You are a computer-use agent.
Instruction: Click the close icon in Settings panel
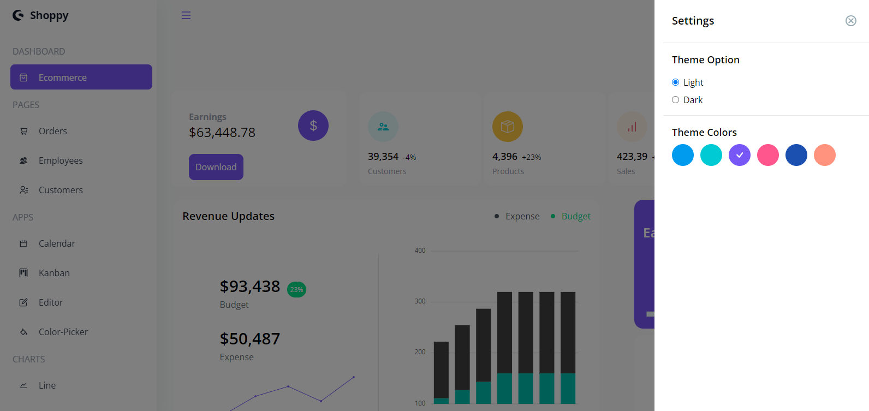point(850,21)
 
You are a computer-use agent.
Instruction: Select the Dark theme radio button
point(675,100)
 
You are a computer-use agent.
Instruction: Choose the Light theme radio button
point(675,82)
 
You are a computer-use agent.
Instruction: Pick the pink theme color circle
point(767,155)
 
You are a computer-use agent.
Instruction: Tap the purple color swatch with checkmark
point(739,155)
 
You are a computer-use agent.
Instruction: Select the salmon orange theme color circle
point(824,155)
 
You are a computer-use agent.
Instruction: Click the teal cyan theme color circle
point(711,155)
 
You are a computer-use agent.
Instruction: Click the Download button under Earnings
point(216,167)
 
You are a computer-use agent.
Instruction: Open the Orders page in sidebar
point(52,131)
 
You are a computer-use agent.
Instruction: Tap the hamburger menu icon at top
point(186,15)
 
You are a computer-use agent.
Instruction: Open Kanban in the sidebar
point(54,273)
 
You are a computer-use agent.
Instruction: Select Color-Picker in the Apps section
point(63,332)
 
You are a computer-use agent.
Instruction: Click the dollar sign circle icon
point(313,126)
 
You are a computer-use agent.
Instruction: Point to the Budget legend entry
point(575,216)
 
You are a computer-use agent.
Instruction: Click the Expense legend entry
point(522,216)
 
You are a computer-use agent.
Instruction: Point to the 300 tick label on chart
point(420,301)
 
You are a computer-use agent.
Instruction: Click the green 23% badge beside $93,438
point(296,289)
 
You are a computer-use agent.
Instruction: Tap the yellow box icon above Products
point(507,127)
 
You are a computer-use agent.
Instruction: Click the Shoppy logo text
point(49,15)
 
